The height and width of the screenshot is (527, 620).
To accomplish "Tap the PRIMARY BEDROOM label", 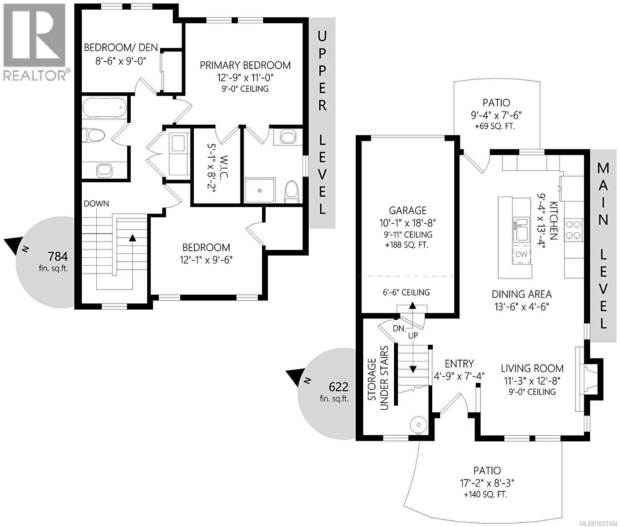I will [245, 65].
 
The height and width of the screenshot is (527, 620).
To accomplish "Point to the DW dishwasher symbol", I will [521, 255].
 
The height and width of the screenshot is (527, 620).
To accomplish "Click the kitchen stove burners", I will [573, 229].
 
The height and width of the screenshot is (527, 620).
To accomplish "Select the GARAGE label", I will [408, 210].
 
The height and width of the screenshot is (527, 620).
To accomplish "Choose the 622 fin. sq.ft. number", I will [339, 387].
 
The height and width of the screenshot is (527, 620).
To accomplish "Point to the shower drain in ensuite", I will [260, 190].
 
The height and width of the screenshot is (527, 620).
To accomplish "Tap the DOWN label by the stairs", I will [96, 203].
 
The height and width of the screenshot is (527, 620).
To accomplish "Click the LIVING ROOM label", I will [532, 368].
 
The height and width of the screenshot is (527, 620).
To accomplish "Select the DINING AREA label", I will [522, 294].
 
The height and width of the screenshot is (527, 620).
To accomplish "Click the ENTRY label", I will [459, 364].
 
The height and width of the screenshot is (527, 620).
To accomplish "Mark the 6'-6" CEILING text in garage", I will [406, 292].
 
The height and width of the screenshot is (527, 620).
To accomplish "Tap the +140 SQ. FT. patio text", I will [485, 495].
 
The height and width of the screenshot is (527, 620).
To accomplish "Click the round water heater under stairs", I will [418, 425].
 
